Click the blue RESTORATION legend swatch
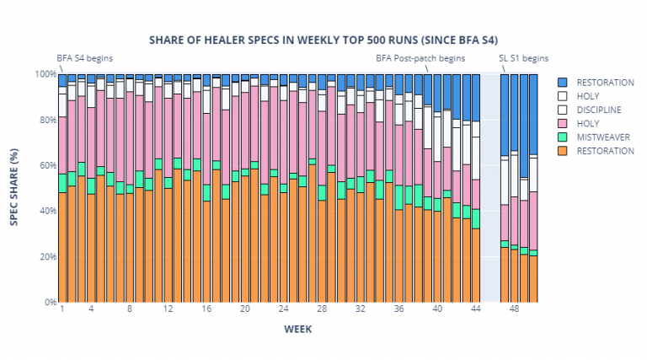(x=563, y=83)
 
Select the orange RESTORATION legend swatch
(x=563, y=151)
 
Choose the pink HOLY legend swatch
(x=563, y=123)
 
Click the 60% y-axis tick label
(x=44, y=165)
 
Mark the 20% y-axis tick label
(x=44, y=256)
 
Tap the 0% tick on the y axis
(x=46, y=302)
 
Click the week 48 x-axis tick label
(x=514, y=309)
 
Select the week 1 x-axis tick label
(x=62, y=309)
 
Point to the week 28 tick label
(x=322, y=309)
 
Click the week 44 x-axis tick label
(x=475, y=309)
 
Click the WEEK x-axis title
(x=298, y=329)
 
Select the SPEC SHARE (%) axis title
(x=14, y=186)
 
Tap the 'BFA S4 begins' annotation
(x=84, y=59)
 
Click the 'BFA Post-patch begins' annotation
(x=420, y=59)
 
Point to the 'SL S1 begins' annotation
(x=523, y=59)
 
